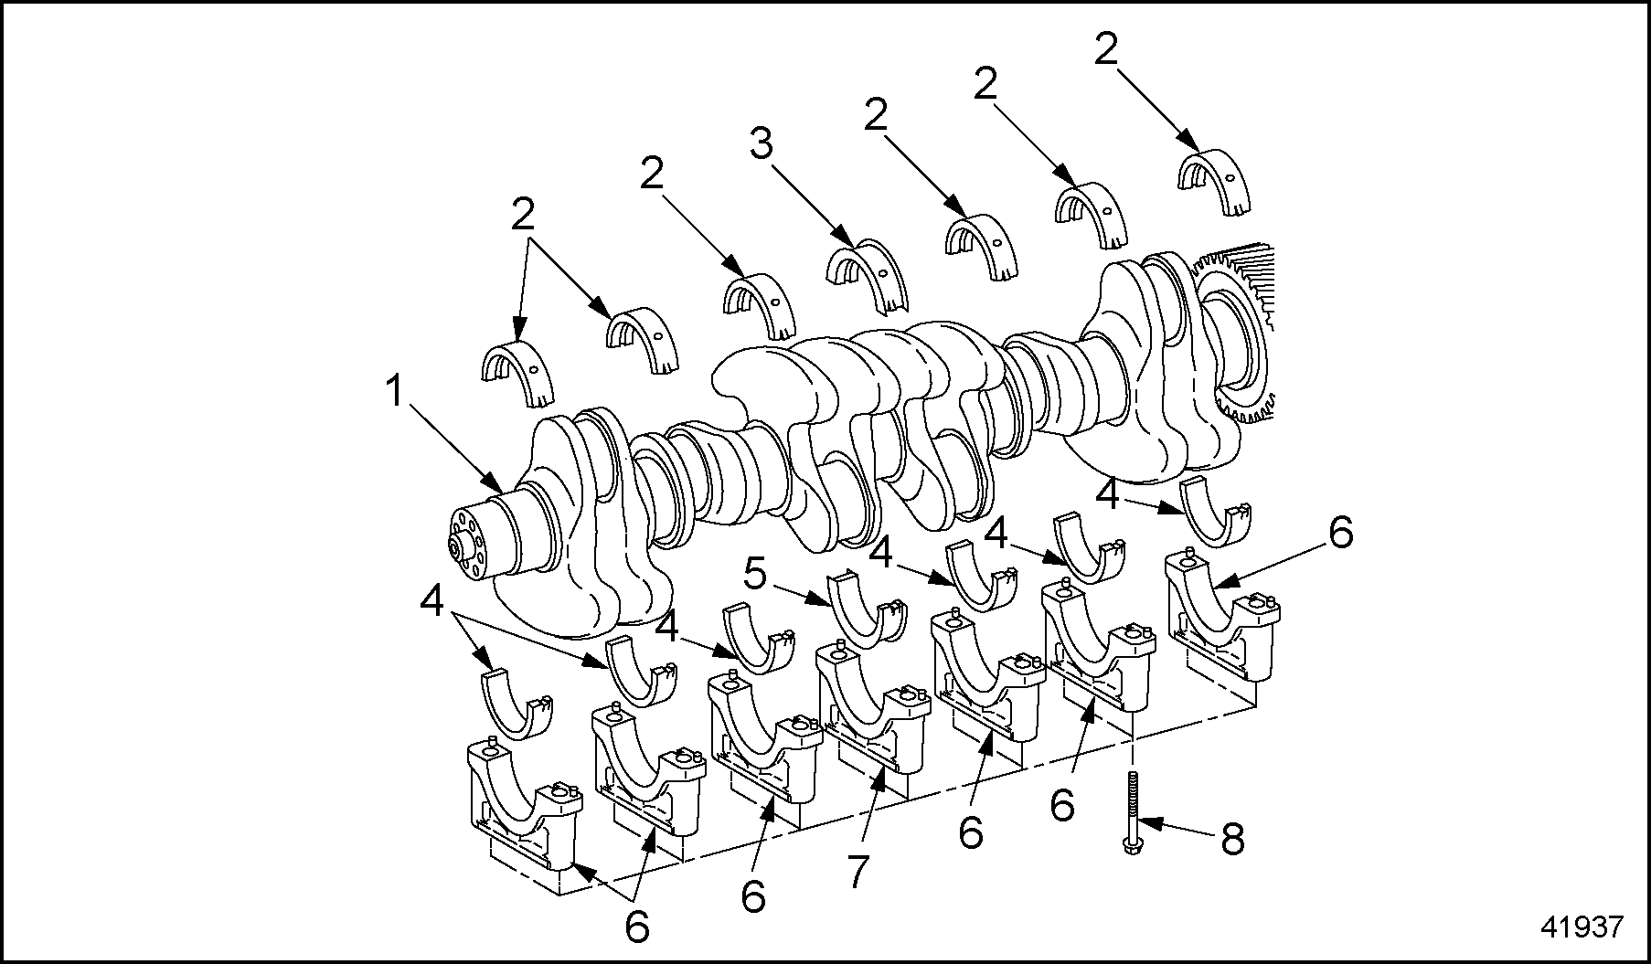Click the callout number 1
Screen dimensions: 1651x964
click(x=394, y=393)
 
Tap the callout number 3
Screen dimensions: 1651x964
click(x=762, y=143)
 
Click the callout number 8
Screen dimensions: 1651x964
click(x=1232, y=839)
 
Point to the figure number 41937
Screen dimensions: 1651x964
click(x=1582, y=927)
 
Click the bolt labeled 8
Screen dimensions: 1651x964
click(x=1133, y=811)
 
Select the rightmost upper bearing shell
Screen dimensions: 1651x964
click(x=1215, y=183)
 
